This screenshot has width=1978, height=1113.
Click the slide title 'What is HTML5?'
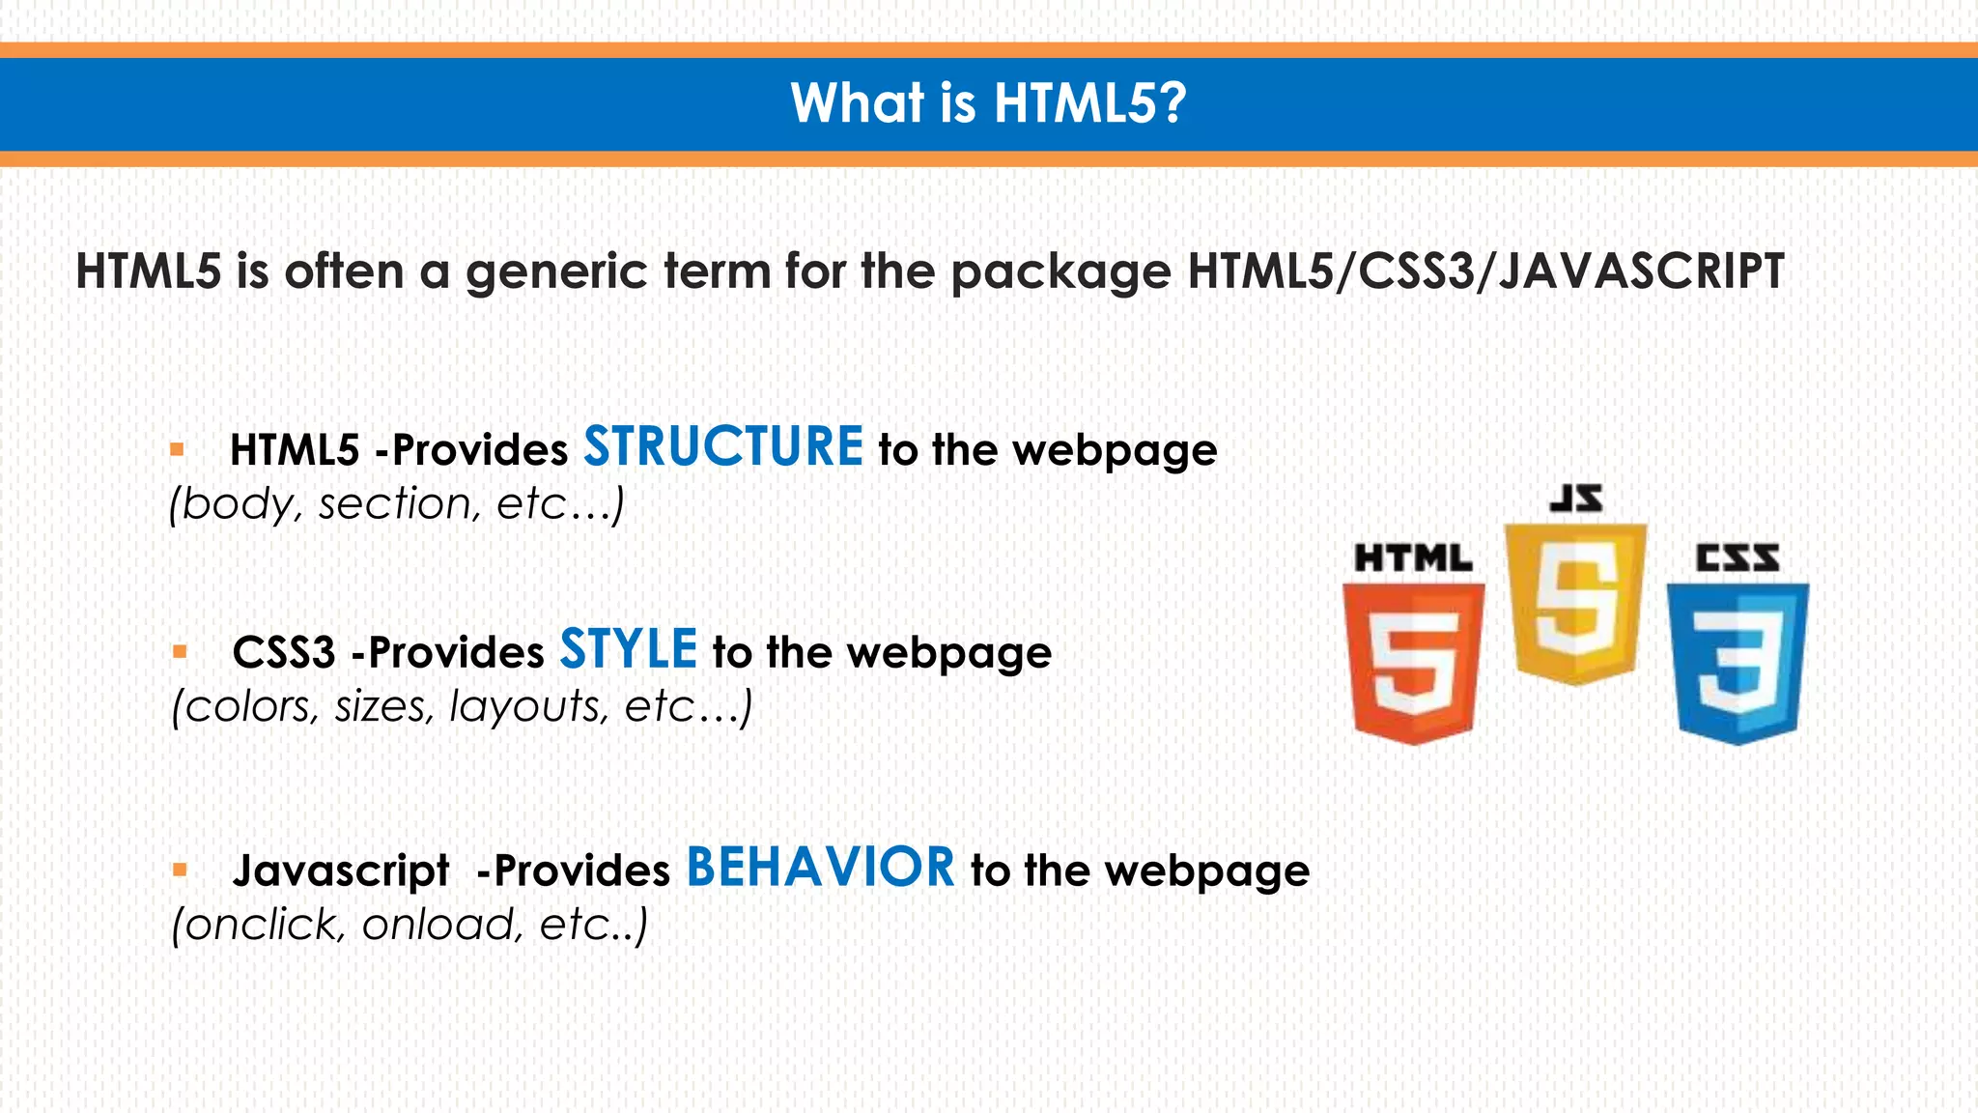click(988, 102)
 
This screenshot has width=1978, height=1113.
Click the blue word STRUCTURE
click(722, 447)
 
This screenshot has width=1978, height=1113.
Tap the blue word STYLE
click(628, 649)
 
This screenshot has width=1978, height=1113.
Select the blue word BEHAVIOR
click(820, 867)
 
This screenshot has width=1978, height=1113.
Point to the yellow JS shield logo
click(1575, 603)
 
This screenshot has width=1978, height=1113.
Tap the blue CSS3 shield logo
click(1738, 663)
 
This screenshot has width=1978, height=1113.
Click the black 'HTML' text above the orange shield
click(1413, 558)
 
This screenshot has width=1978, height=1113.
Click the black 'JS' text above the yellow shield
click(1576, 499)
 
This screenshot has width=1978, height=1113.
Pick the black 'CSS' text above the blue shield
click(1738, 558)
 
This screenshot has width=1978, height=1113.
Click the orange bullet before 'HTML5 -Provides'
click(177, 449)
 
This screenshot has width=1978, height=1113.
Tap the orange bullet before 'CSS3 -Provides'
click(179, 652)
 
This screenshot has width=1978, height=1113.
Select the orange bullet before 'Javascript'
click(179, 870)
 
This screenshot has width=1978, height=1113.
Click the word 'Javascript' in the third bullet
click(340, 870)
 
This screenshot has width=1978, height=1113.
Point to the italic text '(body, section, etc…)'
click(396, 503)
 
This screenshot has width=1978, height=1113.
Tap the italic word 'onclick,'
click(259, 925)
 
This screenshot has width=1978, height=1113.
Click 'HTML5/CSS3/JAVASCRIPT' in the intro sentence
click(1484, 271)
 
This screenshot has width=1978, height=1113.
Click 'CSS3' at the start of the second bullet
click(283, 652)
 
